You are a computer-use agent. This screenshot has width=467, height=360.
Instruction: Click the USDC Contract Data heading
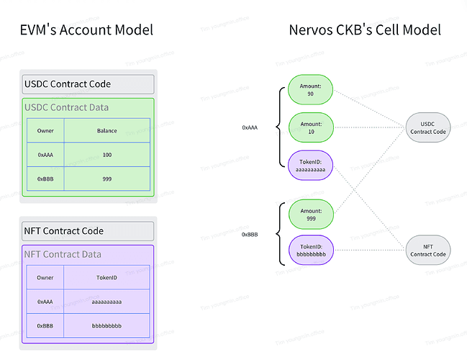[68, 107]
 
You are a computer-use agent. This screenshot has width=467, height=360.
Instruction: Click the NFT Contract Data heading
[63, 254]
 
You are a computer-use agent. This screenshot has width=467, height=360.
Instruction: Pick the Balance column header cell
[106, 130]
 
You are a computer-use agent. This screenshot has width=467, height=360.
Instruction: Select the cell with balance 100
[106, 155]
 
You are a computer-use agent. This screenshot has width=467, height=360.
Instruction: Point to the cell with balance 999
[106, 179]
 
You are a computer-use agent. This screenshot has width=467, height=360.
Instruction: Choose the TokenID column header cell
[106, 277]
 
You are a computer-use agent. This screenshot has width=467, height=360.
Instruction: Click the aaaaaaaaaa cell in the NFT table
[106, 302]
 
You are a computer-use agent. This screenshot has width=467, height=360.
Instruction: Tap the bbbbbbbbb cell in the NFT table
[106, 325]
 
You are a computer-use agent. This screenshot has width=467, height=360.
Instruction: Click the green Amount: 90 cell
[310, 90]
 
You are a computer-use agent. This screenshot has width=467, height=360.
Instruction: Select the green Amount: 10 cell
[310, 127]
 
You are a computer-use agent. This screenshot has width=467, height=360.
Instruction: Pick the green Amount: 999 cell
[310, 214]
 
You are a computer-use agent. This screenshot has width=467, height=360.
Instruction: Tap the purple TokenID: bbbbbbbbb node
[310, 251]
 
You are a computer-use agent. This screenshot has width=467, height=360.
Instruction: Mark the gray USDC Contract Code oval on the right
[428, 127]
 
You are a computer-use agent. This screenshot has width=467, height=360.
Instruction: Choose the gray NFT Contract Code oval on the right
[428, 251]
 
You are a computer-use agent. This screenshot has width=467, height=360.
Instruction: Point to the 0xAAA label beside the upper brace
[250, 127]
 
